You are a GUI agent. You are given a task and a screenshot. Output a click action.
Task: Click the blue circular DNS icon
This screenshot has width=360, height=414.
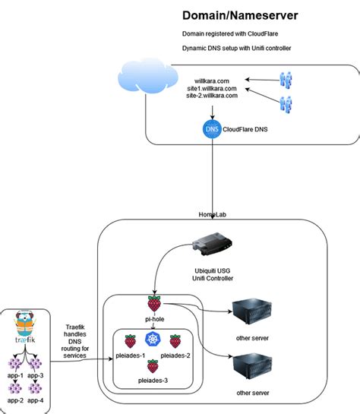(x=213, y=128)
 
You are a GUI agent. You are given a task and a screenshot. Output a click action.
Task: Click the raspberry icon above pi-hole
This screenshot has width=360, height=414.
(x=154, y=303)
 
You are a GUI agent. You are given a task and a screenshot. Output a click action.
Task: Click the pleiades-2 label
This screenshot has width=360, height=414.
(x=175, y=356)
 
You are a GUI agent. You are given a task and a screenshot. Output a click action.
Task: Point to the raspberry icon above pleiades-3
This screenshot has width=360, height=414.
(x=152, y=365)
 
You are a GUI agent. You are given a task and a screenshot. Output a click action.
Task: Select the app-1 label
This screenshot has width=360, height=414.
(x=14, y=375)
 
